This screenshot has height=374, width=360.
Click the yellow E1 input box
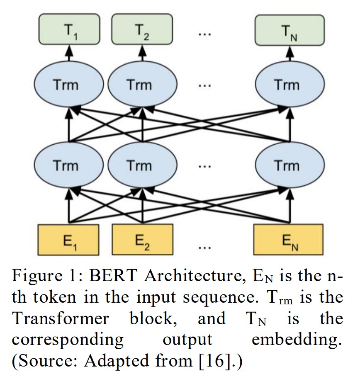[x=68, y=239]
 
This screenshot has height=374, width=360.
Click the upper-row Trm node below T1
[x=68, y=85]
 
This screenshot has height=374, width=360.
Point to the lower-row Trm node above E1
[x=68, y=166]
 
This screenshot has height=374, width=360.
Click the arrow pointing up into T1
[x=69, y=52]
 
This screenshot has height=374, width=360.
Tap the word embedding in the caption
[x=297, y=340]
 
